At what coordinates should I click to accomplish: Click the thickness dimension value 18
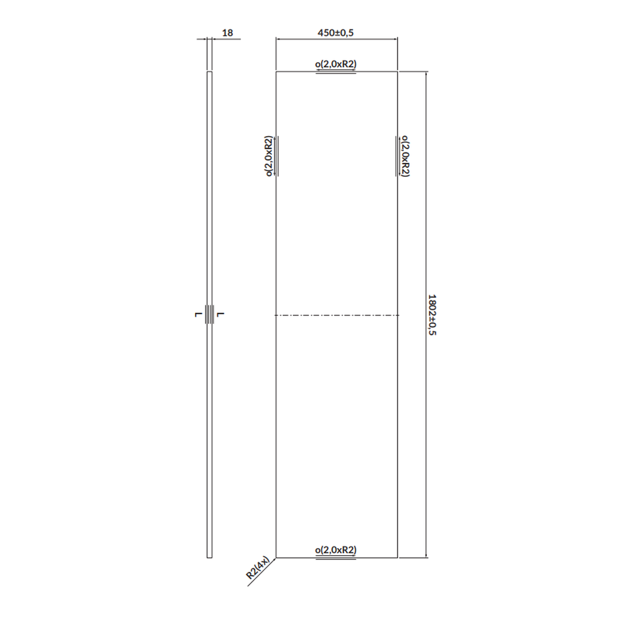[229, 33]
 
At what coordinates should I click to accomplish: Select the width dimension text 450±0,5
[337, 33]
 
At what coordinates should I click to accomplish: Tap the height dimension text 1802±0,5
[431, 315]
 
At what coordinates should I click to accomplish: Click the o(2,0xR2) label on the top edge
[337, 64]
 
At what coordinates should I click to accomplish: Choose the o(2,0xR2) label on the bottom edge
[337, 550]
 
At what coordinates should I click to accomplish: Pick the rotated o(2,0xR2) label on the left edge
[268, 156]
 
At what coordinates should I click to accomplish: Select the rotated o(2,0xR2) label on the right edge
[406, 156]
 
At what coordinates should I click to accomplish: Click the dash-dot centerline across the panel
[337, 315]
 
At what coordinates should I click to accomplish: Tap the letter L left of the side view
[198, 314]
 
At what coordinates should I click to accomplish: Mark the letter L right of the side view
[222, 314]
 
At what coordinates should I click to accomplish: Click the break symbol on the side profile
[210, 315]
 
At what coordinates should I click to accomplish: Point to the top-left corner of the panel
[277, 71]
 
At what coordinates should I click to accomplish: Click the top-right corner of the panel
[398, 71]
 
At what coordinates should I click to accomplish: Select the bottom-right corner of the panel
[398, 557]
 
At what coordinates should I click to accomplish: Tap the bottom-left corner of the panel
[277, 557]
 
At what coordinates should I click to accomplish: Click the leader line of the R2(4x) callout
[263, 571]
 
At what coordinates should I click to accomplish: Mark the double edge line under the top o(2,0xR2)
[337, 73]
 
